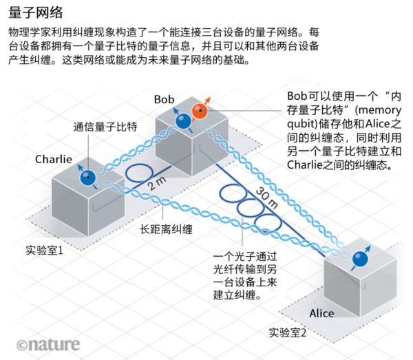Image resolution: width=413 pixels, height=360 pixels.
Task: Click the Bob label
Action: coord(165,99)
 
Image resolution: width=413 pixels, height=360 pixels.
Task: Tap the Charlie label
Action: coord(54,159)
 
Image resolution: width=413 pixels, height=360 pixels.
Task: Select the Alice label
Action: coord(321,313)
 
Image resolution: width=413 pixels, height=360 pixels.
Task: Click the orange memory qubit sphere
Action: coord(200,112)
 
